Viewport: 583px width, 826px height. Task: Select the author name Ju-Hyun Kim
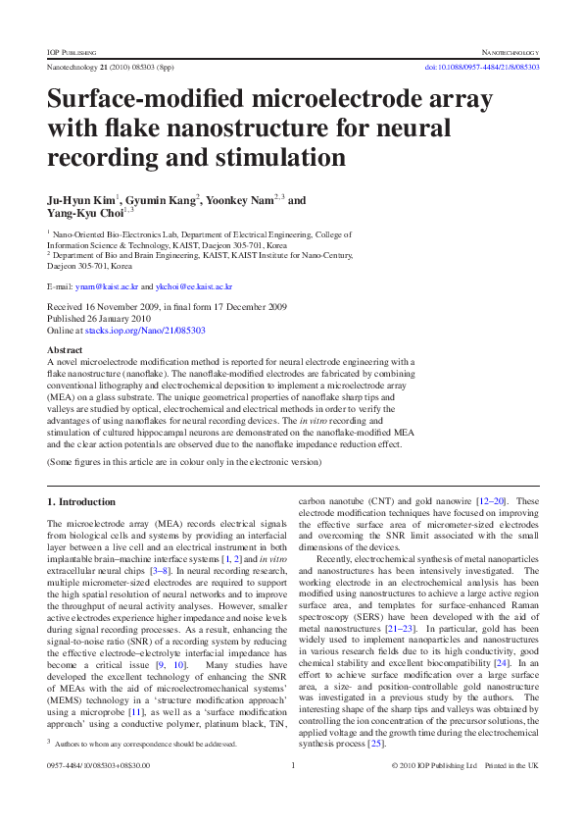[81, 200]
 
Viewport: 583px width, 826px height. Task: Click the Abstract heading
[65, 350]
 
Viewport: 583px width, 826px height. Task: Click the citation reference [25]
[375, 744]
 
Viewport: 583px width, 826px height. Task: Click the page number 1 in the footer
[292, 793]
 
